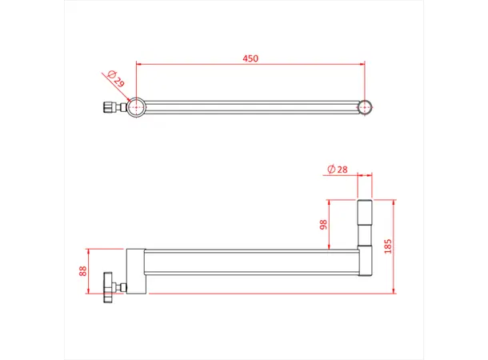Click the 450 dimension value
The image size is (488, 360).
pyautogui.click(x=251, y=58)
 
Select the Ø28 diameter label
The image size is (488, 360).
pyautogui.click(x=336, y=168)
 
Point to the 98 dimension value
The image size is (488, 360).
pyautogui.click(x=324, y=225)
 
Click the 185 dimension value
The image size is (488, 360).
pyautogui.click(x=389, y=246)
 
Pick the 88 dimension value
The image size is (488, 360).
pyautogui.click(x=83, y=271)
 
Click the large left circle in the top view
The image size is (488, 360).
pyautogui.click(x=137, y=106)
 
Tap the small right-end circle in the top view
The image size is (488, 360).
pyautogui.click(x=366, y=106)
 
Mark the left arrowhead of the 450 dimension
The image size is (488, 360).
pyautogui.click(x=139, y=63)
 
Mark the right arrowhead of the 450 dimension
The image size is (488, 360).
pyautogui.click(x=363, y=63)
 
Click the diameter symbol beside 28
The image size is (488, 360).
pyautogui.click(x=330, y=168)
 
